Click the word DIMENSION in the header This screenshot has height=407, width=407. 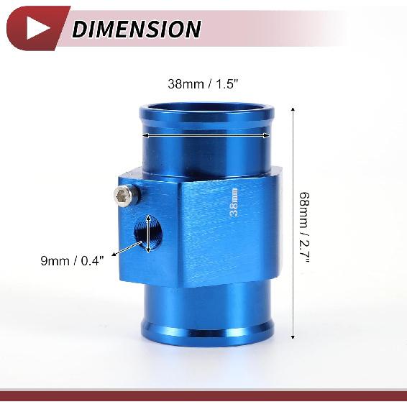(136, 29)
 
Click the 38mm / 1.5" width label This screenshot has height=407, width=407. (203, 83)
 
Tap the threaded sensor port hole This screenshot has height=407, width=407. (149, 234)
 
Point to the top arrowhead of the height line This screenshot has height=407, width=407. (293, 110)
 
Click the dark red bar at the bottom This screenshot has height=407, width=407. (203, 395)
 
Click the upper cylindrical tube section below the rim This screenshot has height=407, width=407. (206, 155)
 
